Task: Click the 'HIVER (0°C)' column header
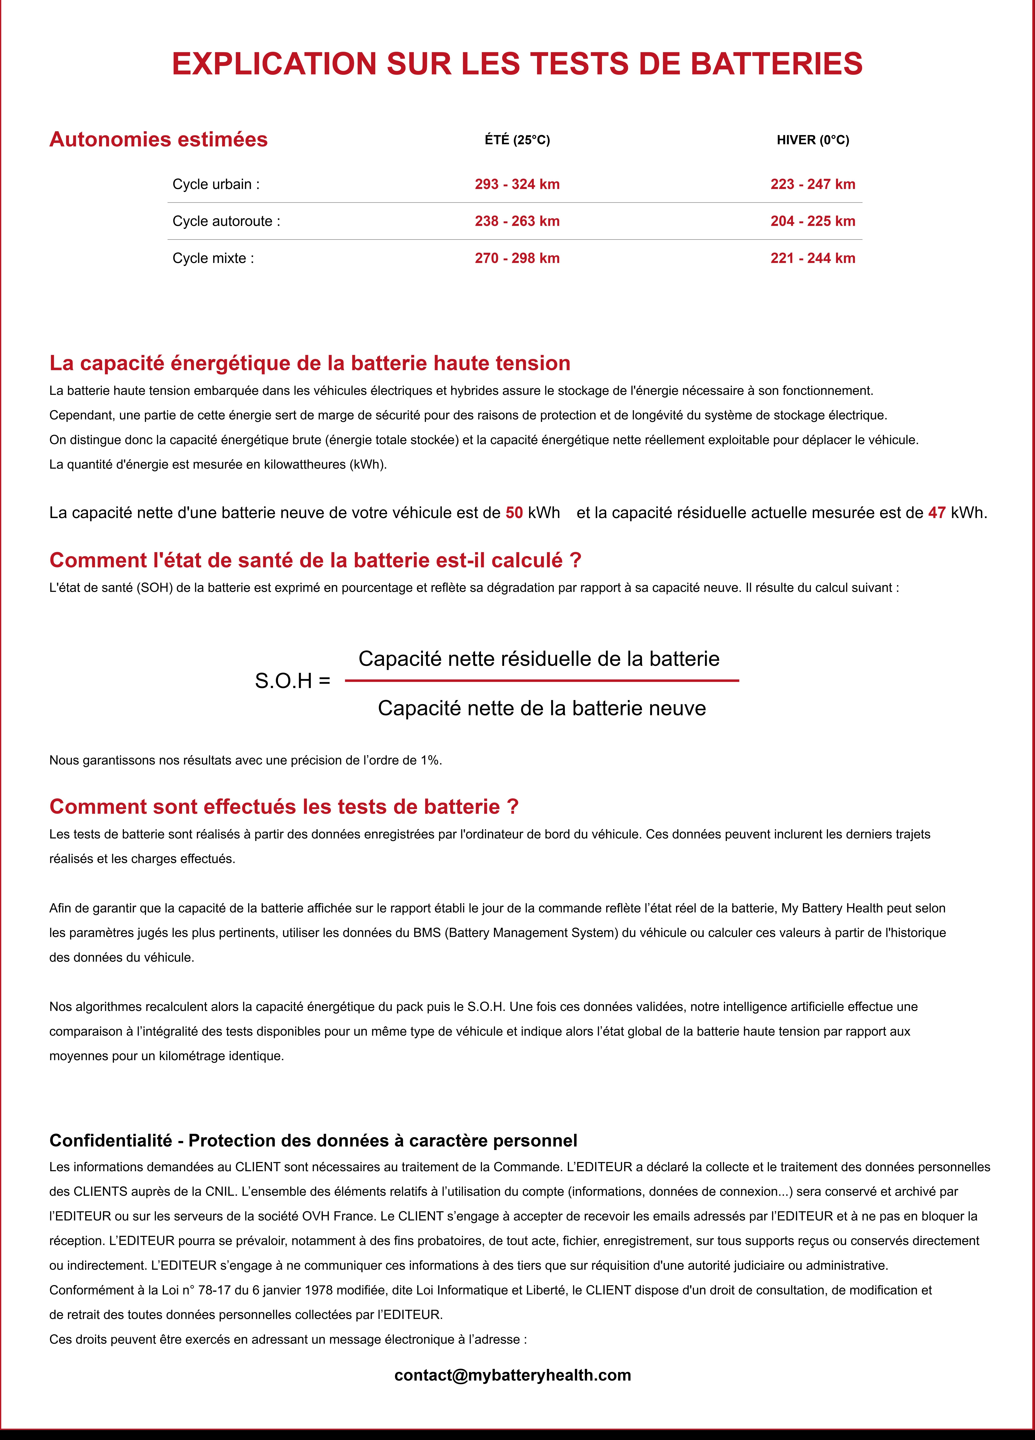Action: tap(813, 140)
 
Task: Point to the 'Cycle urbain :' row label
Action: tap(216, 184)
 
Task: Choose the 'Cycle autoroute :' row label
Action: tap(226, 221)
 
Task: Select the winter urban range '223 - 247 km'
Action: tap(813, 184)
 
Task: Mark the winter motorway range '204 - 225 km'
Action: tap(813, 221)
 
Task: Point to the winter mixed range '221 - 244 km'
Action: tap(813, 258)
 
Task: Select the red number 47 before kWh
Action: tap(937, 512)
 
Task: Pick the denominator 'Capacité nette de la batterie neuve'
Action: tap(542, 708)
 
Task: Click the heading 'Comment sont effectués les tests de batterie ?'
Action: tap(284, 806)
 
